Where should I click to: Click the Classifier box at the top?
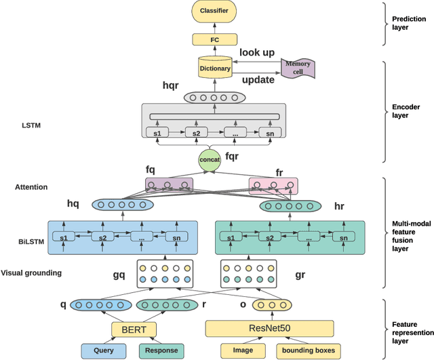(x=214, y=12)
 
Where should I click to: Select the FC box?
(x=214, y=41)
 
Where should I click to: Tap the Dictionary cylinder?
(x=214, y=67)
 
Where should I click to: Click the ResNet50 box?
(x=270, y=329)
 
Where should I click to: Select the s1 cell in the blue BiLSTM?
(x=65, y=238)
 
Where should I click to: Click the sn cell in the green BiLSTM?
(x=344, y=238)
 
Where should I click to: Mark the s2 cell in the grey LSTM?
(x=196, y=133)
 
